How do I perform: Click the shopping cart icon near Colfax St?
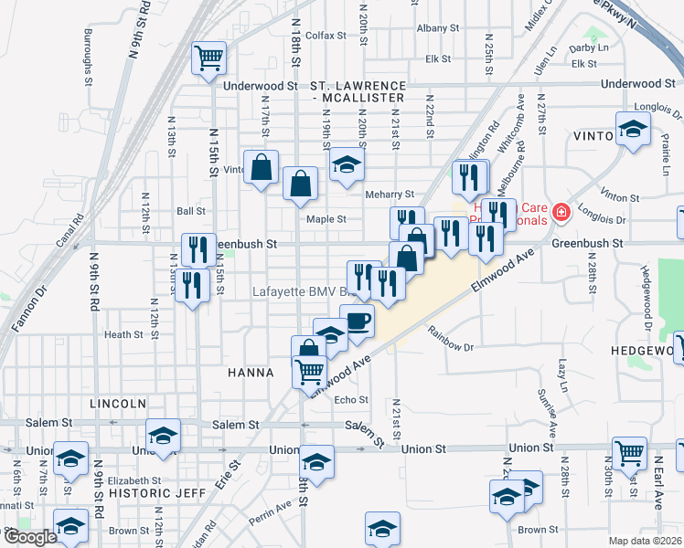click(208, 58)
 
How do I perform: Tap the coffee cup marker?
click(358, 321)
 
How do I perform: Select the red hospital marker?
click(560, 214)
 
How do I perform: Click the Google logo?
click(30, 537)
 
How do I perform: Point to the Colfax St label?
click(326, 36)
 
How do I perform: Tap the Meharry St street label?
click(390, 194)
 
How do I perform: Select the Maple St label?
click(326, 219)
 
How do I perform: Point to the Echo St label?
click(351, 400)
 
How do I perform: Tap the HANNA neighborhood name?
click(251, 373)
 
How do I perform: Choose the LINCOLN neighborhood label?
click(118, 403)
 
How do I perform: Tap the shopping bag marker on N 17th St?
click(262, 167)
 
